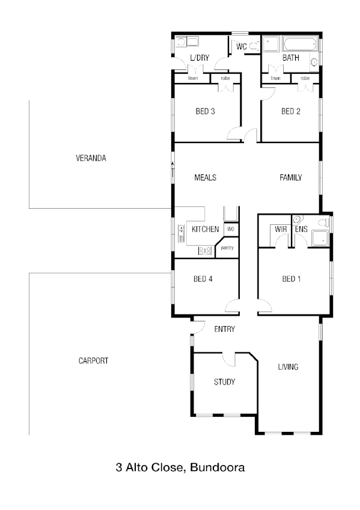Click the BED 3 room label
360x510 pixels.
pos(206,111)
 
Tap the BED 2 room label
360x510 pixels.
pos(291,111)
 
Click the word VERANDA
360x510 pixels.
pos(91,159)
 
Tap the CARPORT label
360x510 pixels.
pos(93,361)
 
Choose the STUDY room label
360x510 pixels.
pos(224,382)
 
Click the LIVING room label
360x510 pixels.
pos(288,367)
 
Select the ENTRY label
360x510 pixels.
pos(224,329)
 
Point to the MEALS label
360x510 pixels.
pos(205,178)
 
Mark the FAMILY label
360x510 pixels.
pos(290,178)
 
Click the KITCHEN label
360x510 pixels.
pos(205,230)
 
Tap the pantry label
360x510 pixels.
pos(227,248)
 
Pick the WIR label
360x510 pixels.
pos(280,229)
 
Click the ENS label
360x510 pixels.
pos(301,229)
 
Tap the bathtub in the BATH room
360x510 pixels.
pos(301,44)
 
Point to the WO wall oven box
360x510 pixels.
pos(230,230)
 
